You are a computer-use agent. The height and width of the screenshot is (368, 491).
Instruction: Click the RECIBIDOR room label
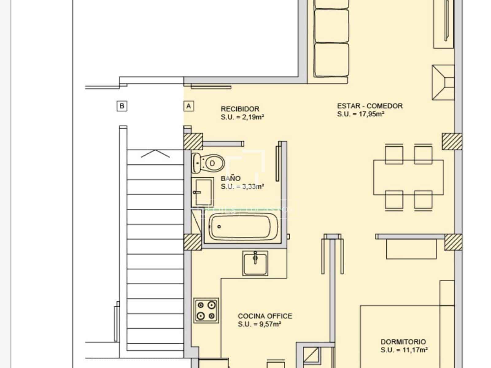click(x=240, y=109)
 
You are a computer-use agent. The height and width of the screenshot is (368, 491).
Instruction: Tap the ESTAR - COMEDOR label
click(x=369, y=106)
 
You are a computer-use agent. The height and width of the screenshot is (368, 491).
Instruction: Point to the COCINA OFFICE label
click(x=265, y=316)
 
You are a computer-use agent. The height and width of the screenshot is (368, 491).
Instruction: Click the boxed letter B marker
click(x=122, y=106)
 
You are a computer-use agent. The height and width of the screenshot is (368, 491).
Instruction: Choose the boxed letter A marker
click(x=188, y=106)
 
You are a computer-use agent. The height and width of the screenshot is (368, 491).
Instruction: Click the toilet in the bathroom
click(x=209, y=163)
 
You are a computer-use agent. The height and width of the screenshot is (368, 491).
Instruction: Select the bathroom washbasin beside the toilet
click(x=202, y=191)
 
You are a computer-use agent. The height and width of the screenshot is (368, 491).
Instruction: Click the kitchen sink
click(x=255, y=263)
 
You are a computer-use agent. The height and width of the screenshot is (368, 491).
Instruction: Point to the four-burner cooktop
click(x=206, y=310)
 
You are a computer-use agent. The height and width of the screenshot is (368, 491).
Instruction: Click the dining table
click(x=408, y=177)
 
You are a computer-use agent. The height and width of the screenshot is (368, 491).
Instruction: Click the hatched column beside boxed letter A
click(x=193, y=141)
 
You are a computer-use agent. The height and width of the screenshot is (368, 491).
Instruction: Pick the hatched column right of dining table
click(x=452, y=141)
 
